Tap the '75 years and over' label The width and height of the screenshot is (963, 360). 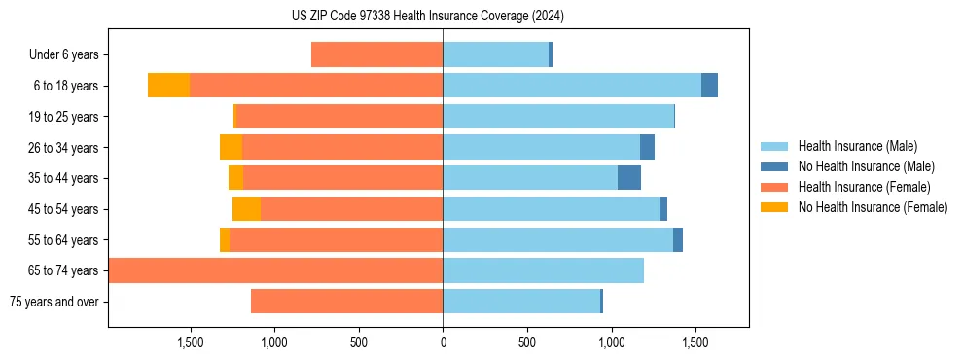pyautogui.click(x=53, y=302)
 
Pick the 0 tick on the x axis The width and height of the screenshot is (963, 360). pyautogui.click(x=443, y=342)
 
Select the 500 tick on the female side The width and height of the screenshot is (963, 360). pyautogui.click(x=359, y=342)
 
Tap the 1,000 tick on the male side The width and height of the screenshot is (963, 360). pyautogui.click(x=611, y=342)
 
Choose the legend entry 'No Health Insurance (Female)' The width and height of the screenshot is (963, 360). pyautogui.click(x=873, y=207)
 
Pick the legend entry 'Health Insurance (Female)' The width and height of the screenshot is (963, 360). pyautogui.click(x=864, y=187)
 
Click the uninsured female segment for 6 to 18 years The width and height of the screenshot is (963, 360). pyautogui.click(x=168, y=86)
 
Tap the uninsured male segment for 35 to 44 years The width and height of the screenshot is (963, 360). pyautogui.click(x=629, y=178)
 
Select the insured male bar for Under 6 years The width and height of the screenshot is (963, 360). pyautogui.click(x=495, y=55)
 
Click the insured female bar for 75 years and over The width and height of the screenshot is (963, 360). pyautogui.click(x=346, y=302)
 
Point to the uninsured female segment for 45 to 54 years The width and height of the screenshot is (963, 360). pyautogui.click(x=246, y=209)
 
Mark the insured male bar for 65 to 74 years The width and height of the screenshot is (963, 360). pyautogui.click(x=543, y=270)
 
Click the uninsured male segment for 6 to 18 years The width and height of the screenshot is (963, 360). pyautogui.click(x=709, y=86)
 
